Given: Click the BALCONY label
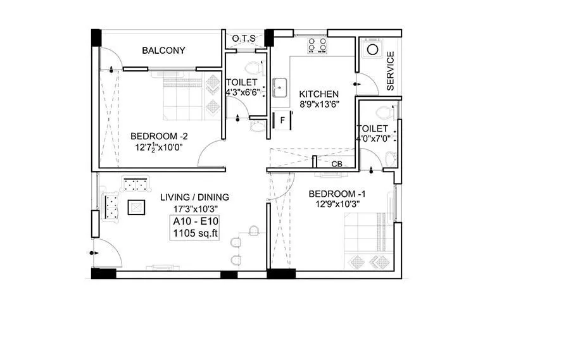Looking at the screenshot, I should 163,51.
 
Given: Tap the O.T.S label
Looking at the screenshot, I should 244,39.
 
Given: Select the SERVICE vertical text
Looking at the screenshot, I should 390,71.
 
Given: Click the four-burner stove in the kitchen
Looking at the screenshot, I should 317,46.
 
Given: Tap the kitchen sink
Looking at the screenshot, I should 280,87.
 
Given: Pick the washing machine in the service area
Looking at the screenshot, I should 372,49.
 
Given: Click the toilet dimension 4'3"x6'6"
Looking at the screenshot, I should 241,92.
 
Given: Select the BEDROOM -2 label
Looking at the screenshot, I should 159,136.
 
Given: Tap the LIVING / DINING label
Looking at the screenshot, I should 194,197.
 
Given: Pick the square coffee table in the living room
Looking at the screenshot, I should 137,207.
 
